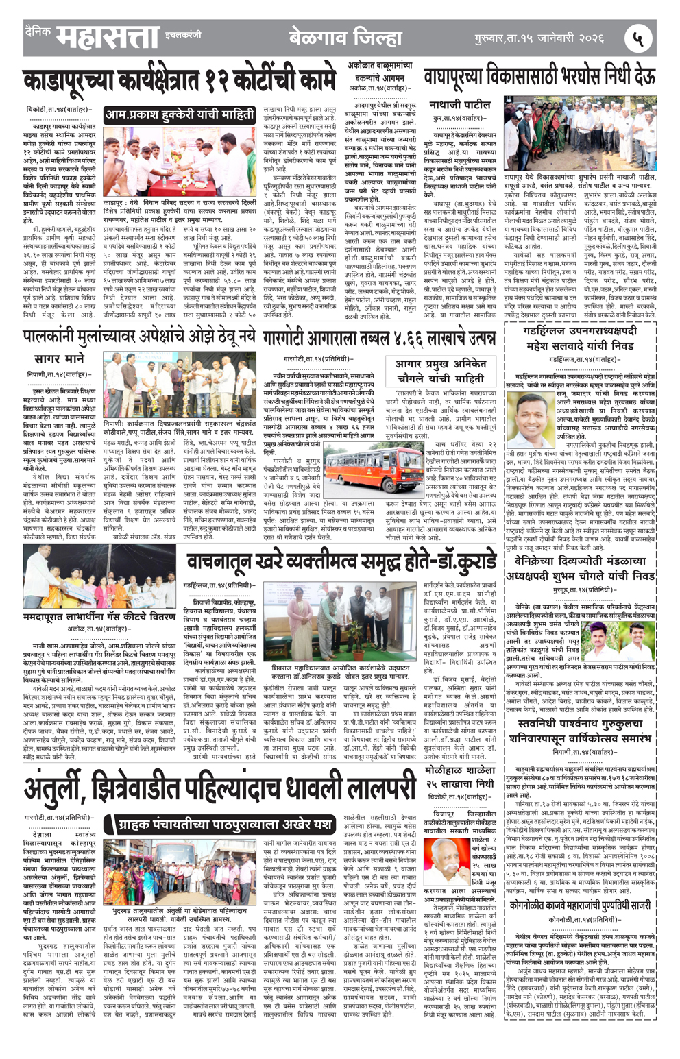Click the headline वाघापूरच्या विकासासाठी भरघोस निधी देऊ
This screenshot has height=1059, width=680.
539,77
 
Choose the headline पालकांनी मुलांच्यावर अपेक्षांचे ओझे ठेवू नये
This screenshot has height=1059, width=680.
139,336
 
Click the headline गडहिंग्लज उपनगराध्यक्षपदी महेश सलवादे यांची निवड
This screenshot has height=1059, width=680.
579,339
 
